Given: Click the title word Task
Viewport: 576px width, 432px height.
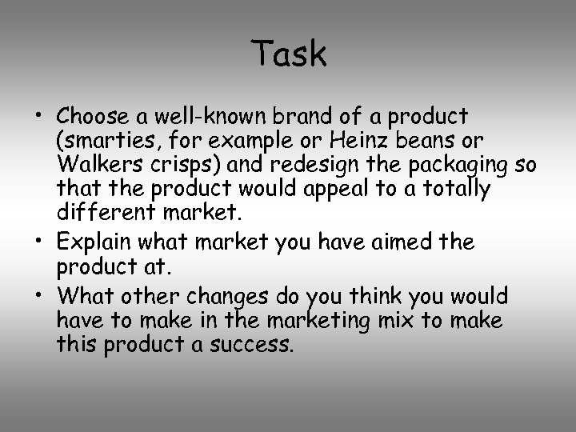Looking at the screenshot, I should [289, 54].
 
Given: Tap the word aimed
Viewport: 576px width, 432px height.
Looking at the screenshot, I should [398, 241].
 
